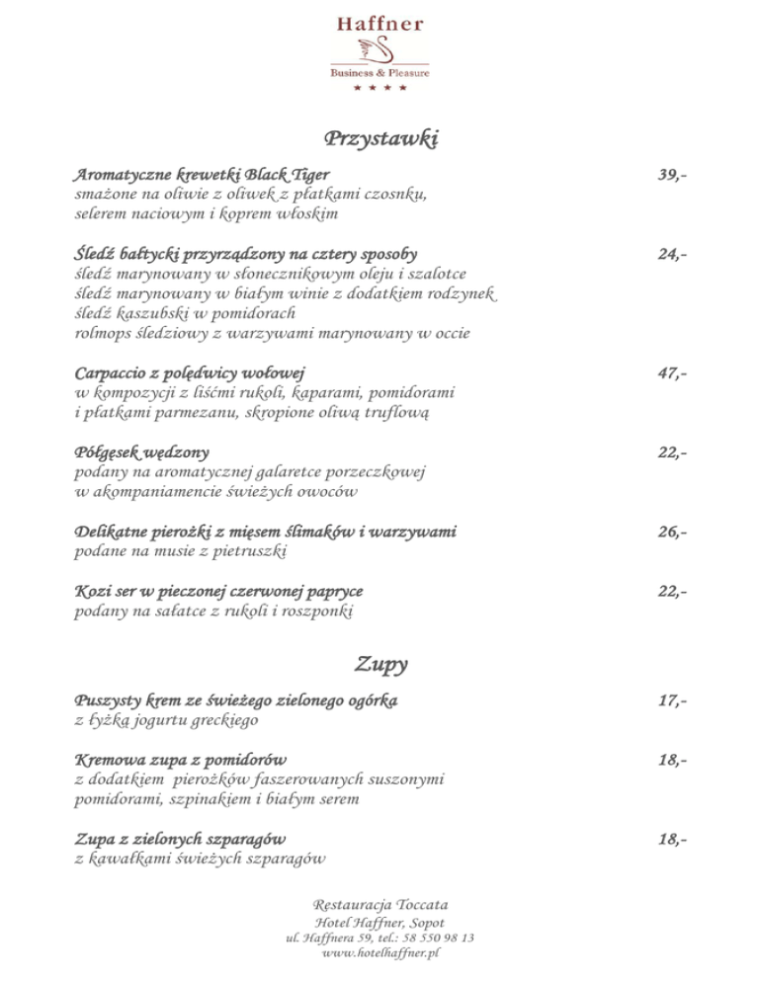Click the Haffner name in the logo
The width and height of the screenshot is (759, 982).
pos(379,23)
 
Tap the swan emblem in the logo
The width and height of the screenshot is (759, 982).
pos(379,48)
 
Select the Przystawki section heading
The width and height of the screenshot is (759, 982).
pos(379,138)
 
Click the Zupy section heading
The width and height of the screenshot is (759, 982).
pos(380,664)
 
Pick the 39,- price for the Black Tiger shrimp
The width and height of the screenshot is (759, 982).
pos(672,175)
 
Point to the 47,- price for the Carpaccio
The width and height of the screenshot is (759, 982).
pos(672,373)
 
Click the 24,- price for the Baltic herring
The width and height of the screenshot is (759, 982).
pos(672,254)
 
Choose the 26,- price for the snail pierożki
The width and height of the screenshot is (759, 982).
pos(672,532)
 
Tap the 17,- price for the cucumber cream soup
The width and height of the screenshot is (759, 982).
pos(672,701)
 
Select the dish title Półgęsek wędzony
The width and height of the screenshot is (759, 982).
pos(142,453)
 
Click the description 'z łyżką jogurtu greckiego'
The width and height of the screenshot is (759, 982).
pos(167,720)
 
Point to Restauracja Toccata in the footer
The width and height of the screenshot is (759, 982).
pos(380,905)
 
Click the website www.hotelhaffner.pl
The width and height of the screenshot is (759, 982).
pos(380,953)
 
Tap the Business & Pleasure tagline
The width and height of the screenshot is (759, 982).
pos(379,72)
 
